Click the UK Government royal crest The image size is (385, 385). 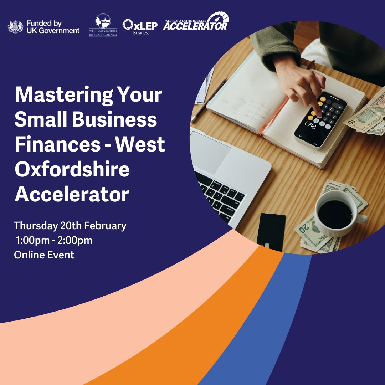coord(15,27)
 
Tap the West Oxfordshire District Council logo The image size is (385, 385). coord(103,25)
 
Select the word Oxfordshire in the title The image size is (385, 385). coord(72,169)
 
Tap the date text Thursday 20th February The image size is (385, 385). coord(70,226)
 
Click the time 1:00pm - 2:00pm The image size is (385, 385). coord(54,241)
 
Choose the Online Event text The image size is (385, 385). coord(44,255)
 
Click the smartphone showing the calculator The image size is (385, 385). coord(320,120)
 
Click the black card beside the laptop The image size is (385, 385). coord(271,232)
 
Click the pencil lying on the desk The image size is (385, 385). coord(209,100)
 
